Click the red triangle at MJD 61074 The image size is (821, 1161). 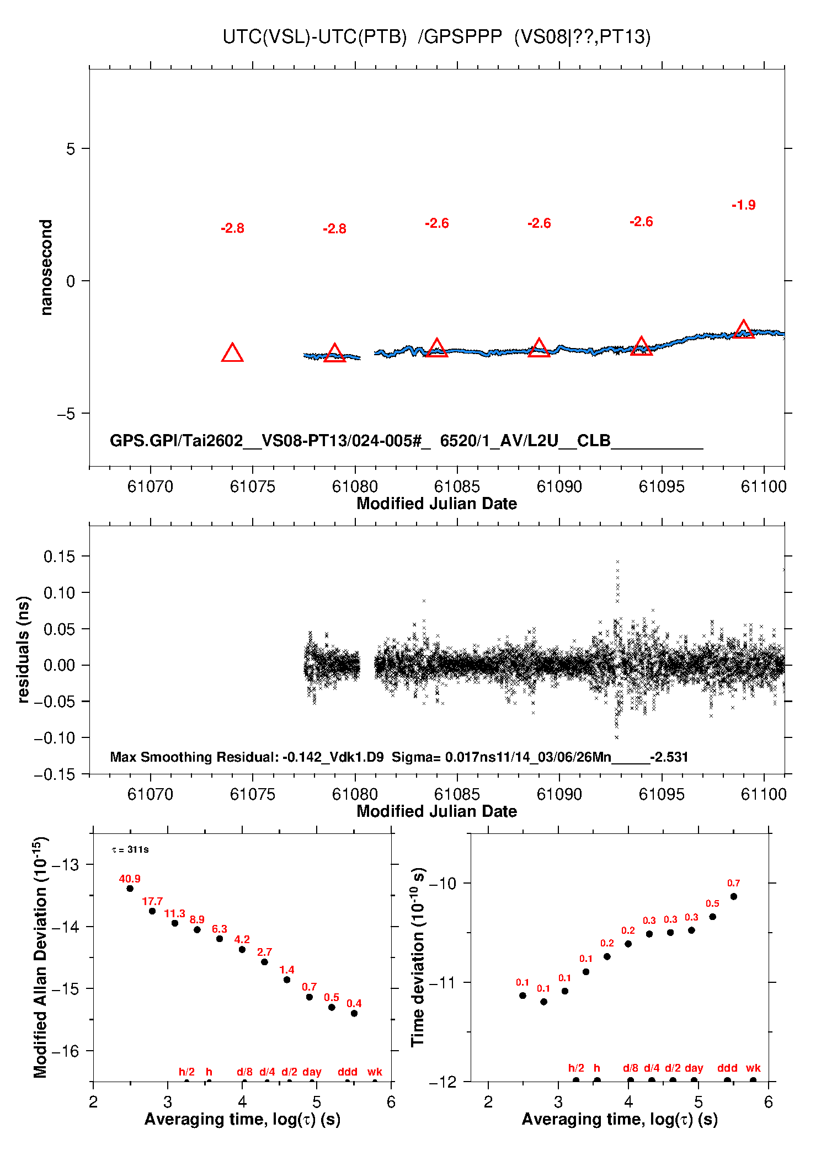pyautogui.click(x=232, y=353)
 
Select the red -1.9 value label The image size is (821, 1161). pyautogui.click(x=743, y=205)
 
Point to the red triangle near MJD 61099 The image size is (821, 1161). pyautogui.click(x=743, y=329)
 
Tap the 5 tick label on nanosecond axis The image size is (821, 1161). pyautogui.click(x=70, y=149)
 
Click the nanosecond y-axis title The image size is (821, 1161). pyautogui.click(x=46, y=267)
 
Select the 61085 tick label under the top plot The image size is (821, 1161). pyautogui.click(x=457, y=486)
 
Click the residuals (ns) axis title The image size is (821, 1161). pyautogui.click(x=23, y=649)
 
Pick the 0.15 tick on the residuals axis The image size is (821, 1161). pyautogui.click(x=59, y=557)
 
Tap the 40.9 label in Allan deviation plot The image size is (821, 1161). pyautogui.click(x=130, y=879)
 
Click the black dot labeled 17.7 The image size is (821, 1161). pyautogui.click(x=152, y=911)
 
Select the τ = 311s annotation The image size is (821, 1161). pyautogui.click(x=130, y=849)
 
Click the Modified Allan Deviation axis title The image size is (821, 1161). pyautogui.click(x=40, y=957)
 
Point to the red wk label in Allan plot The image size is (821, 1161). pyautogui.click(x=375, y=1072)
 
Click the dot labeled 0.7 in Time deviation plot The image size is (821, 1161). pyautogui.click(x=733, y=896)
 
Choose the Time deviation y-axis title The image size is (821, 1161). pyautogui.click(x=418, y=957)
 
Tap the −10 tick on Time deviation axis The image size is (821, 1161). pyautogui.click(x=443, y=883)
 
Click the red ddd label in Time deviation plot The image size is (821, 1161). pyautogui.click(x=727, y=1068)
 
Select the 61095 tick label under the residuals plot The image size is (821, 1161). pyautogui.click(x=662, y=794)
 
